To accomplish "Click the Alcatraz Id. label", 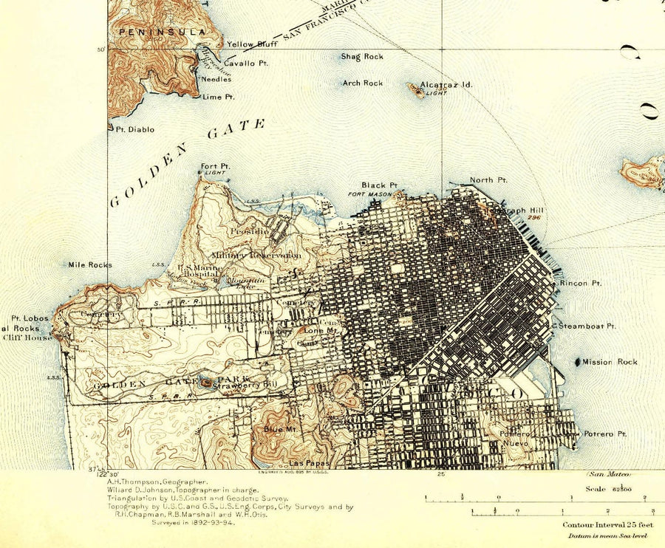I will [446, 85].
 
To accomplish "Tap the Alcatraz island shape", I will [415, 90].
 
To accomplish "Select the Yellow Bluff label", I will [251, 44].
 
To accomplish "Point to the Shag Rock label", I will [362, 57].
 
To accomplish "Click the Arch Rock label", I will [363, 83].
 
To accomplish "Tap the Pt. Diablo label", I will [135, 129].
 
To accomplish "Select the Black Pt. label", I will [380, 185].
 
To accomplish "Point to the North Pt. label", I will [488, 180].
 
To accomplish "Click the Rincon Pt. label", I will [580, 284].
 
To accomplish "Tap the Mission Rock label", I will [610, 362].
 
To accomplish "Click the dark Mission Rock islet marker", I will [576, 361].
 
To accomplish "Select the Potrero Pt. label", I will [605, 434].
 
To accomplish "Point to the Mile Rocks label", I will [89, 264].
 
